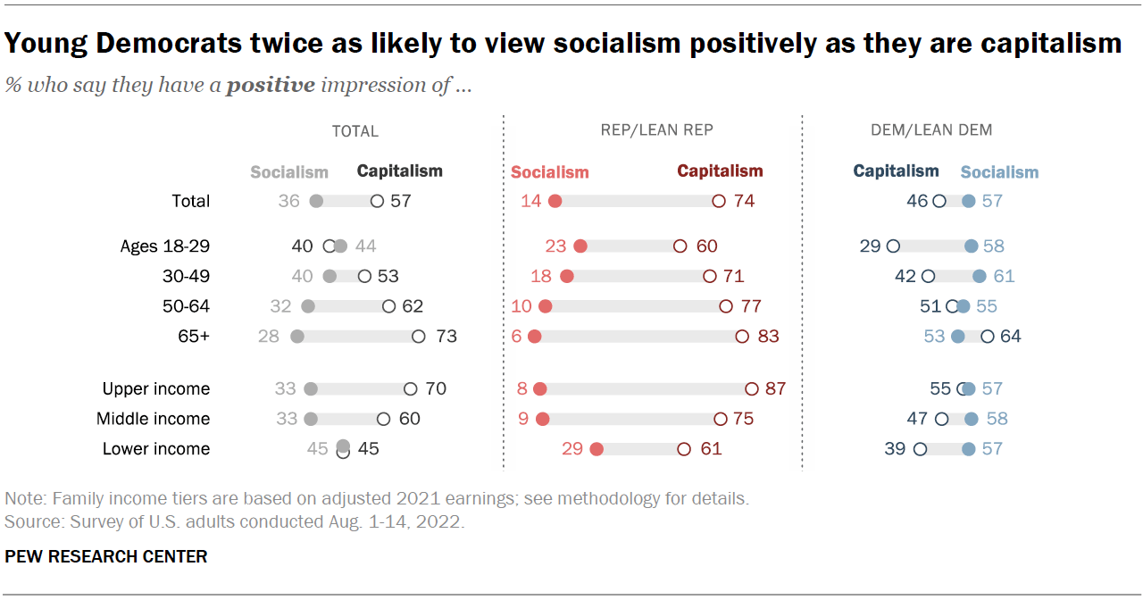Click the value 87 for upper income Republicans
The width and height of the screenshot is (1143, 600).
[775, 388]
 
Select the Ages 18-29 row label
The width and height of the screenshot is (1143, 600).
[165, 246]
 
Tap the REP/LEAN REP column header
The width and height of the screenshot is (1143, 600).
[656, 130]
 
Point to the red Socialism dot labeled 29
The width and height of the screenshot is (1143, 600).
[597, 449]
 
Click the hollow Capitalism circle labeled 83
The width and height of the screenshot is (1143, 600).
[741, 337]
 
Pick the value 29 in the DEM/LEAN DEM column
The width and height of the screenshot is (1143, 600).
[870, 246]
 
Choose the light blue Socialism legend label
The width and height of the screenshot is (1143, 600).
[999, 172]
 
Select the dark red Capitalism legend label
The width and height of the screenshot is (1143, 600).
[720, 171]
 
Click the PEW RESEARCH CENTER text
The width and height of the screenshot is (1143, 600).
[106, 556]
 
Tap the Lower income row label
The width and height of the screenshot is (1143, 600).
[156, 449]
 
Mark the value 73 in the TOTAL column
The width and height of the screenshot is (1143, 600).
[446, 337]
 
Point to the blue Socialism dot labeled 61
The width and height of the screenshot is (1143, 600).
[980, 276]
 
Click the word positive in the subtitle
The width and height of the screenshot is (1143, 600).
[270, 86]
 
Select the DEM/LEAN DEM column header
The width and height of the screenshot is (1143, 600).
[931, 130]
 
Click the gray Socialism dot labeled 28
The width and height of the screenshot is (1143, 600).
[297, 337]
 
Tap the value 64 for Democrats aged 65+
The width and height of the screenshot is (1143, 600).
[1010, 337]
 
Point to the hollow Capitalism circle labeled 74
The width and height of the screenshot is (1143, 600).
[718, 201]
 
